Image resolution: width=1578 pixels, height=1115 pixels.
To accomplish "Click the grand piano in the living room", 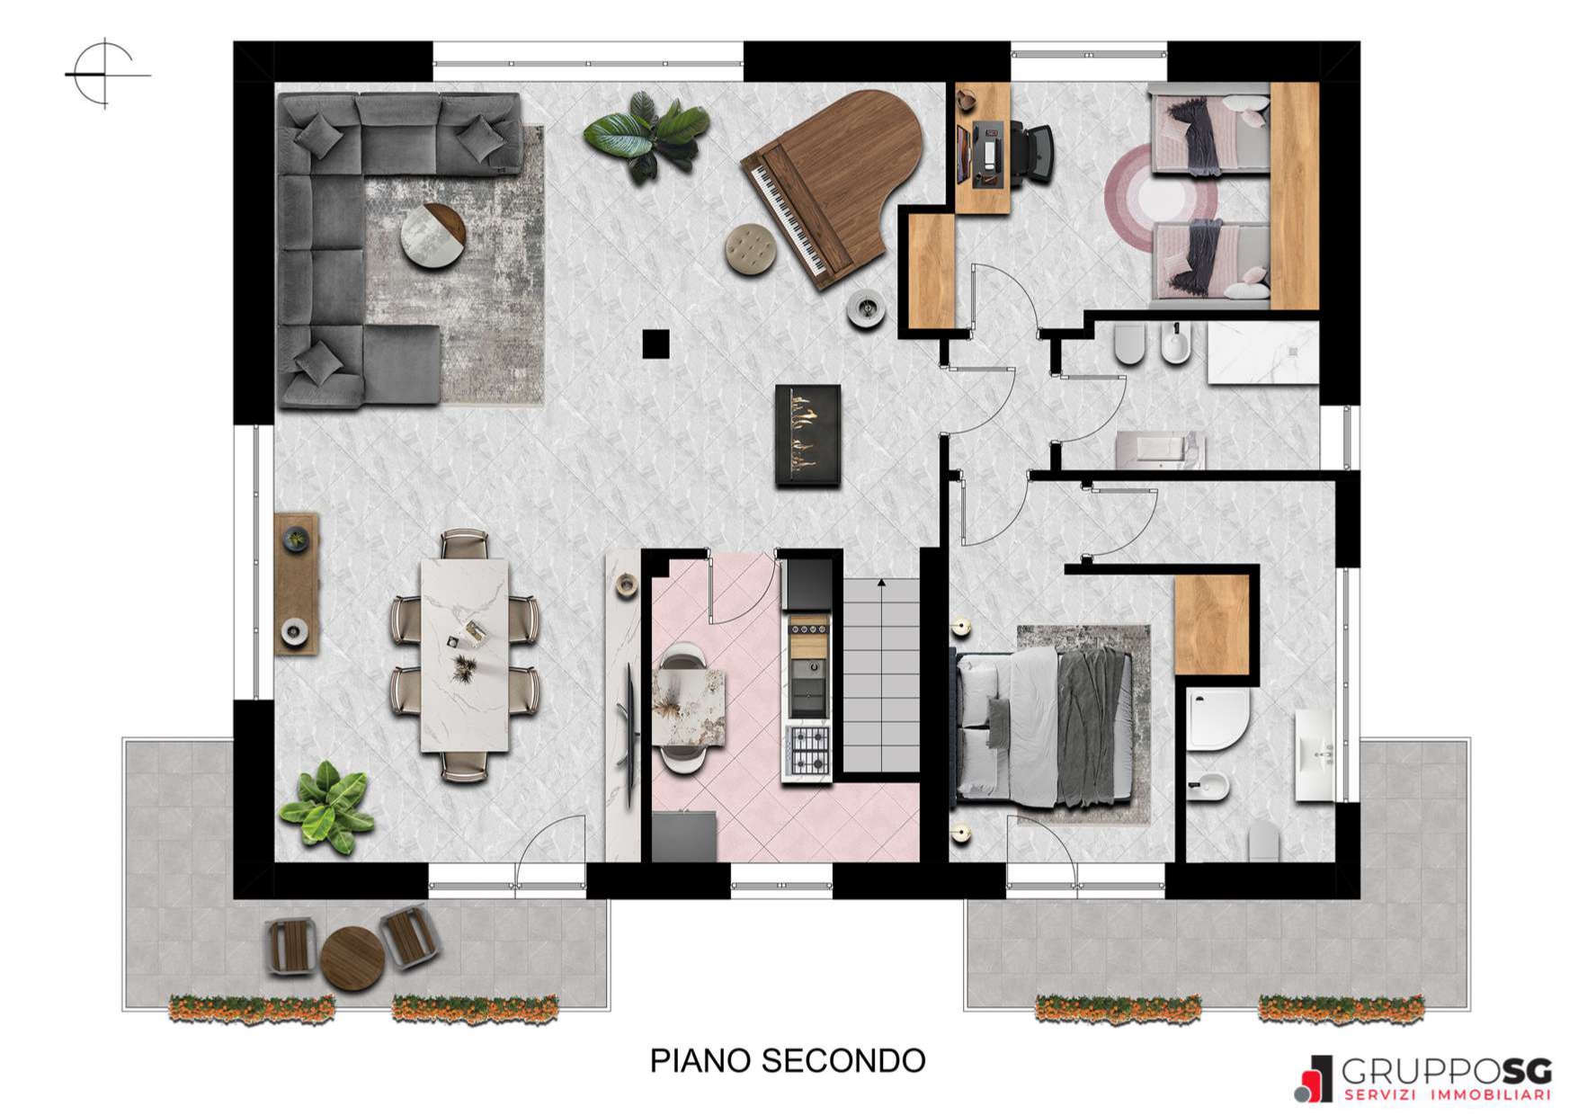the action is click(832, 184).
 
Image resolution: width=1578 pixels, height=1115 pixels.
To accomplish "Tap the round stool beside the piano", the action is click(752, 249).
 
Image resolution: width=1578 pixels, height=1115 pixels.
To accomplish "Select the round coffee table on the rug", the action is click(434, 236).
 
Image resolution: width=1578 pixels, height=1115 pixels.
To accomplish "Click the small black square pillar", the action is click(655, 343).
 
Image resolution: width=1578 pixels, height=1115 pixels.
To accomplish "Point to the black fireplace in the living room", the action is click(808, 436).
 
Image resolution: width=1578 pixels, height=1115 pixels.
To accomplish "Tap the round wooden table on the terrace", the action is click(353, 959).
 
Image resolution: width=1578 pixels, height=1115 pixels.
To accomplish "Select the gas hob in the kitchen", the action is click(807, 751).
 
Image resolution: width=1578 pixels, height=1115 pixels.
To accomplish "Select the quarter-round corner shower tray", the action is click(1217, 719).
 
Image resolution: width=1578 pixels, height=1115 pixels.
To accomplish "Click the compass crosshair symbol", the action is click(106, 74).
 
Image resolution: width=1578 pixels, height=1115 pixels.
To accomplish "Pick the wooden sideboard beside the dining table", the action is click(296, 584).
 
